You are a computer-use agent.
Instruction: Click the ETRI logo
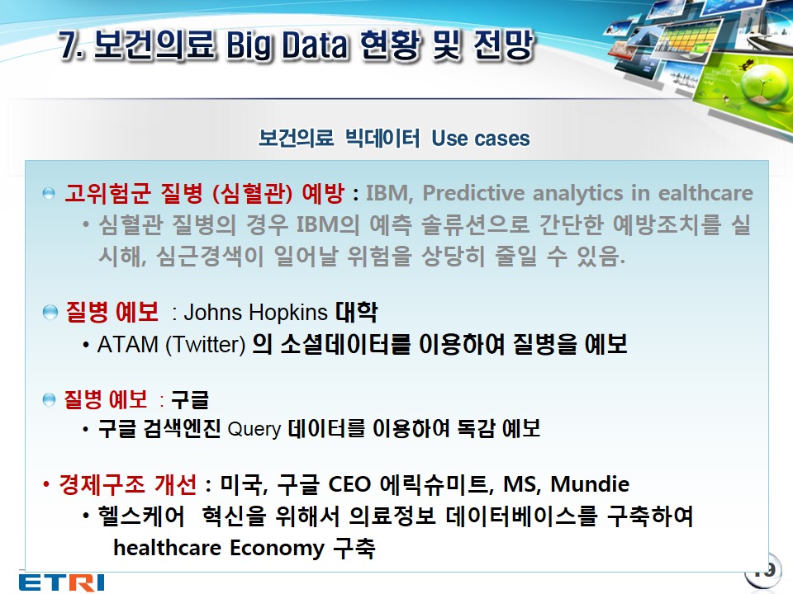(62, 582)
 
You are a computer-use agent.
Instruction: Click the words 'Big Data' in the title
(287, 45)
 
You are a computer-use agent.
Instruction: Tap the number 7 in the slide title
(69, 45)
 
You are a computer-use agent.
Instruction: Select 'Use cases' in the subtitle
(481, 138)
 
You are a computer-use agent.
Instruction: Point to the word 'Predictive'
(473, 192)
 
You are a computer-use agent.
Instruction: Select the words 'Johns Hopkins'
(255, 313)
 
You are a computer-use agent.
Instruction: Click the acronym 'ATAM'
(128, 345)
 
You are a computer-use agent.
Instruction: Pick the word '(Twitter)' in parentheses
(206, 345)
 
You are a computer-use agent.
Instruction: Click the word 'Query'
(254, 429)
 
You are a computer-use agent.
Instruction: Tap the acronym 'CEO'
(349, 484)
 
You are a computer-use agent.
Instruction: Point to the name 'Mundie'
(590, 484)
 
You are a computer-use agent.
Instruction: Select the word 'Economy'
(277, 549)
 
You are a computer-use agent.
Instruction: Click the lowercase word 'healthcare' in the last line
(168, 548)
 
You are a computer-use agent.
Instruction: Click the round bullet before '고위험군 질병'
(49, 193)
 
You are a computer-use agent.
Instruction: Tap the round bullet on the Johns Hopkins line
(50, 313)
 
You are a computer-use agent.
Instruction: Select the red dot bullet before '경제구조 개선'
(46, 484)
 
